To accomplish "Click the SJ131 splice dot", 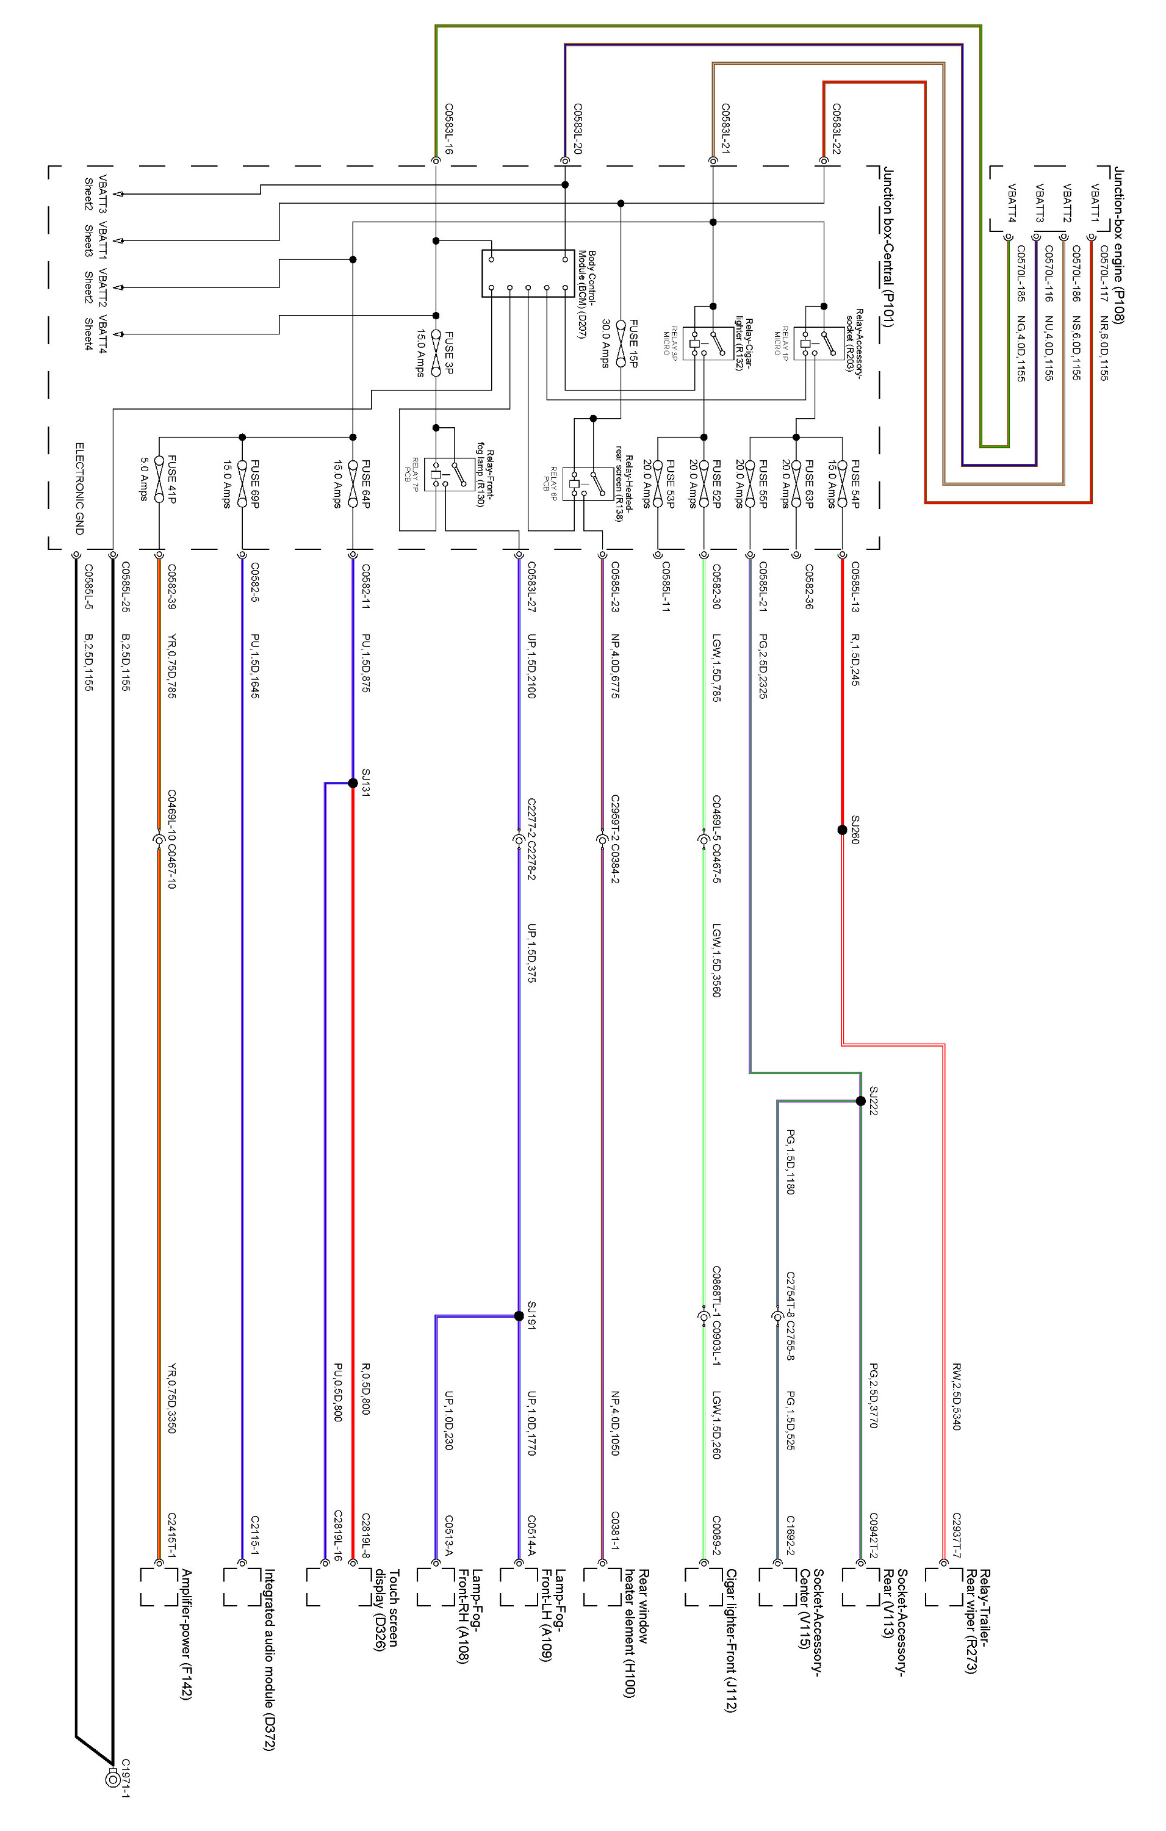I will tap(353, 783).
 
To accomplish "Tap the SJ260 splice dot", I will tap(841, 829).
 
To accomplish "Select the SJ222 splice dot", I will tap(860, 1101).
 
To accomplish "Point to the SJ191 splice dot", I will tap(519, 1316).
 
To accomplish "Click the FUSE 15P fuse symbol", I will tap(621, 344).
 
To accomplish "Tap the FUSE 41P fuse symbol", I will tap(159, 479).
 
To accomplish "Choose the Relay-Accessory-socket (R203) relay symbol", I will tap(814, 344).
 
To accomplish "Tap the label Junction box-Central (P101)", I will tap(888, 247).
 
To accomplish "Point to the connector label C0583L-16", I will tap(448, 129).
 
